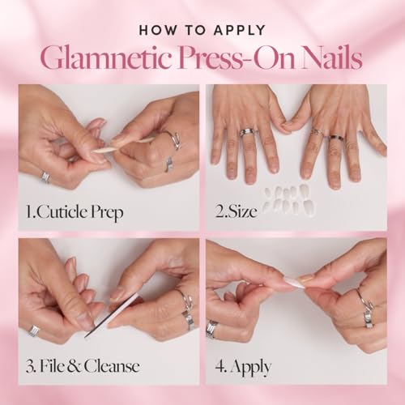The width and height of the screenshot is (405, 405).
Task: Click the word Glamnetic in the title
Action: pos(103,59)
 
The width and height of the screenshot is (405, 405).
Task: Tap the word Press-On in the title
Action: pos(232,59)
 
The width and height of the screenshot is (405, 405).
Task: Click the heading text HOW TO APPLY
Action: pos(202,30)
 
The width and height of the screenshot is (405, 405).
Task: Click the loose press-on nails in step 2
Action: pos(288,198)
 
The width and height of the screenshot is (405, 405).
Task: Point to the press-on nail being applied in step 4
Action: pos(293,282)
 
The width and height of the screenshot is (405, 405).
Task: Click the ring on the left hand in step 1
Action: pos(45,177)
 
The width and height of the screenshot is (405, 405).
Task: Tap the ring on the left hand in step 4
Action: pos(212,328)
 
